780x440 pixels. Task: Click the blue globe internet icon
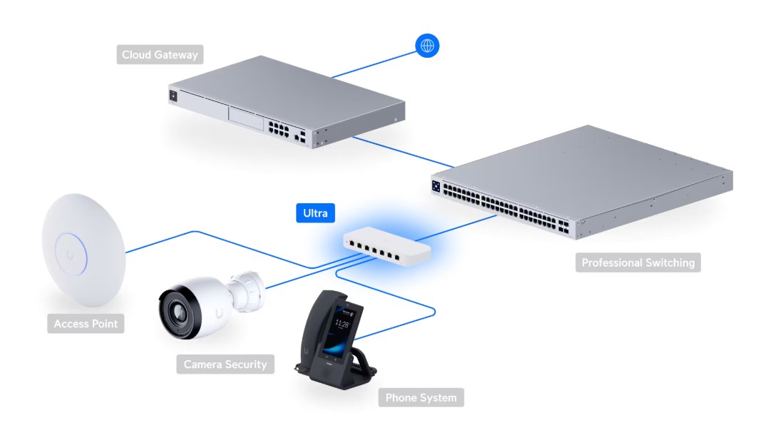click(427, 46)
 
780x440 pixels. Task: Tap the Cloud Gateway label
click(160, 55)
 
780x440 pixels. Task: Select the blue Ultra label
click(315, 213)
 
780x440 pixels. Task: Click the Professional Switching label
click(637, 262)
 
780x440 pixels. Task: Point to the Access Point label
click(86, 324)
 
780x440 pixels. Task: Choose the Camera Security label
click(225, 364)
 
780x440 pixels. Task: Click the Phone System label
click(421, 398)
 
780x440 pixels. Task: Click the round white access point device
click(83, 250)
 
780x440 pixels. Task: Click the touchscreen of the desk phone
click(340, 330)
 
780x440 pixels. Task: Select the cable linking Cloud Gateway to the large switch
click(404, 152)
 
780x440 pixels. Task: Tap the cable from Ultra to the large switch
click(456, 228)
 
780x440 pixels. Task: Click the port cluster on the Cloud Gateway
click(279, 128)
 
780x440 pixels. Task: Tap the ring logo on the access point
click(71, 254)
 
